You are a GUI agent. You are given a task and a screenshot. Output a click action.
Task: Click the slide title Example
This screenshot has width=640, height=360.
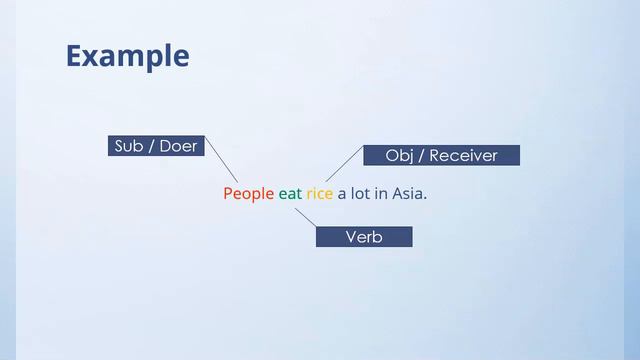(x=127, y=56)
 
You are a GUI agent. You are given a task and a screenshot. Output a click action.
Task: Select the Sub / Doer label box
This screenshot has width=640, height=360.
(x=156, y=146)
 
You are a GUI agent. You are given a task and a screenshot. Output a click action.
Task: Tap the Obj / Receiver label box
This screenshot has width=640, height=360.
(x=440, y=155)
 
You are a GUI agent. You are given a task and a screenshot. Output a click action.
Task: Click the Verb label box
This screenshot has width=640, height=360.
(x=364, y=237)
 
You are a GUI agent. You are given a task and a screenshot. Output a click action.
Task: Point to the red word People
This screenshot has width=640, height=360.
(x=248, y=193)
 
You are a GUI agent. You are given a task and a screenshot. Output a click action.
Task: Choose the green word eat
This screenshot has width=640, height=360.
(x=290, y=193)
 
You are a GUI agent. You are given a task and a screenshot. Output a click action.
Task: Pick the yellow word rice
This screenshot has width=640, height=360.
(x=319, y=193)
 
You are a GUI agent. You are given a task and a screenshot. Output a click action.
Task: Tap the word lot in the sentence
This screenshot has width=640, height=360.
(x=360, y=193)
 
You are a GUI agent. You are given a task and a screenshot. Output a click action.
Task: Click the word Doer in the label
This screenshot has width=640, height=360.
(x=178, y=146)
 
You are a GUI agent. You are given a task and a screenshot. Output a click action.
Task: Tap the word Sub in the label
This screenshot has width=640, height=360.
(x=128, y=146)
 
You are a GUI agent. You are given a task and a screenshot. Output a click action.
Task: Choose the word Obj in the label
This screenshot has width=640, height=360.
(x=399, y=155)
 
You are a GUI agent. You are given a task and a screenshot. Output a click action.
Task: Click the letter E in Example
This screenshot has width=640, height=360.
(x=74, y=56)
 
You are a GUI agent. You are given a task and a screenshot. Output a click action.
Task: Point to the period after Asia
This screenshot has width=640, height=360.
(x=426, y=197)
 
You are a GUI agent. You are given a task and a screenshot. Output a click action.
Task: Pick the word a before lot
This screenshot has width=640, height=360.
(x=341, y=194)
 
